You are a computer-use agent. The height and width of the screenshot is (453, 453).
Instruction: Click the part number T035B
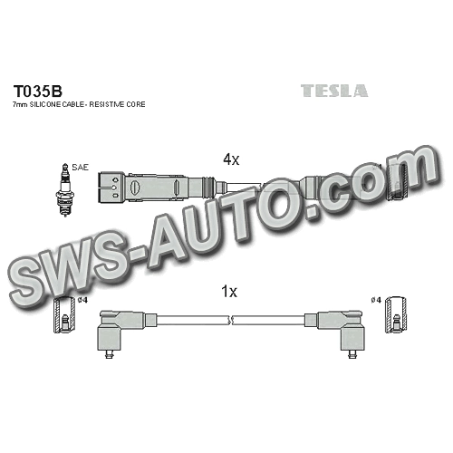click(x=38, y=91)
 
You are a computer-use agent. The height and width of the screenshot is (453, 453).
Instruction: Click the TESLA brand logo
click(x=334, y=91)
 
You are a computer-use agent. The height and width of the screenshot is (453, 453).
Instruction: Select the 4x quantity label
click(x=231, y=159)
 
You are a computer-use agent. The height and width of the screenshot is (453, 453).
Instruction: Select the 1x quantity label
click(x=229, y=292)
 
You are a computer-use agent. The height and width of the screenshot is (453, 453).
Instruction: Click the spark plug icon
click(x=64, y=190)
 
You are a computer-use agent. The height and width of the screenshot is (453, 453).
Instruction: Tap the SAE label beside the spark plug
click(x=81, y=168)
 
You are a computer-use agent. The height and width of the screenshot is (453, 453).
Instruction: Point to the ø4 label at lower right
click(x=377, y=300)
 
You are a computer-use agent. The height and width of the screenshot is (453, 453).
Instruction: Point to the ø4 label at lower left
click(x=82, y=300)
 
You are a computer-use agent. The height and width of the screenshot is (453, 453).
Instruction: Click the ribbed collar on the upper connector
click(x=208, y=188)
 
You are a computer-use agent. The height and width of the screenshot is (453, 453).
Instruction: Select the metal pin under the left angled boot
click(x=109, y=354)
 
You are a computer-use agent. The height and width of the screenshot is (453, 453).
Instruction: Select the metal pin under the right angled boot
click(x=351, y=354)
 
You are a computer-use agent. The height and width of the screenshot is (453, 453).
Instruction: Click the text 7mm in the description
click(x=18, y=105)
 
